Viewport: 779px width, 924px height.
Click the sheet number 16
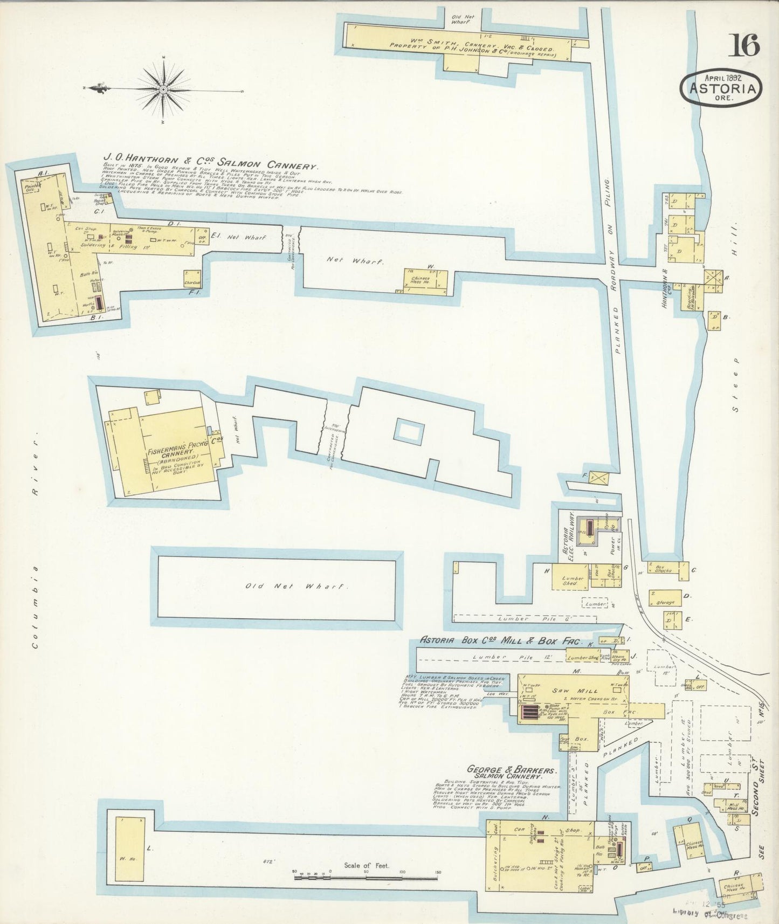tap(744, 45)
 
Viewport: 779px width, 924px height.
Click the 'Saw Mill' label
tap(561, 689)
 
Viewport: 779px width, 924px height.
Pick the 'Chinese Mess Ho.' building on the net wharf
tap(426, 281)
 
